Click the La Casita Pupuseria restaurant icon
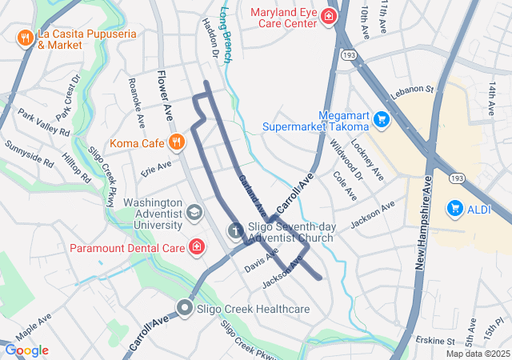coord(26,38)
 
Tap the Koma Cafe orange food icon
coord(177,142)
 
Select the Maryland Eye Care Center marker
coord(328,16)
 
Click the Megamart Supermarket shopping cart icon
coord(382,120)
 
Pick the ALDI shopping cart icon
coord(455,208)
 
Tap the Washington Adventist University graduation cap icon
coord(194,213)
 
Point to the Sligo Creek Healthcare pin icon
coord(186,307)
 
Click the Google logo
coord(26,350)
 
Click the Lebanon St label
coord(411,94)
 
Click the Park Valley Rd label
coord(43,122)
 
